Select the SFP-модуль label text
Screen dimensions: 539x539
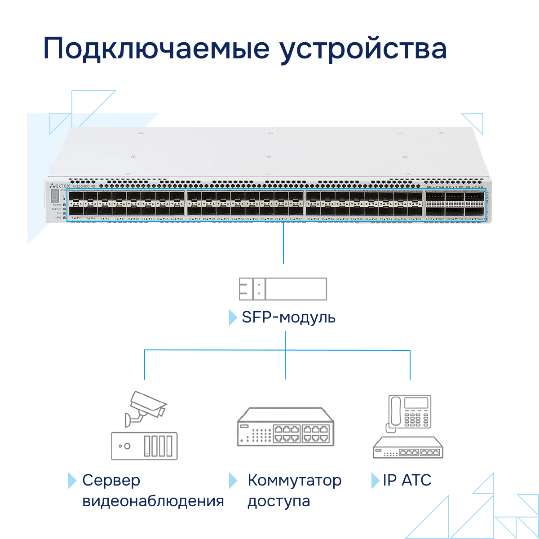pos(288,317)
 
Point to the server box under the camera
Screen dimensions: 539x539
pos(144,446)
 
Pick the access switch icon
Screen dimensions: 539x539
pos(286,427)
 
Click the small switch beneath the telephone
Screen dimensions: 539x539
pos(408,448)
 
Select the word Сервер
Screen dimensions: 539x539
pos(111,480)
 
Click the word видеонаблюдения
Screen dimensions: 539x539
pos(153,501)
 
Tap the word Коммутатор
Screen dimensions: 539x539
pos(294,480)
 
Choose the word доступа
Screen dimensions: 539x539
pos(278,501)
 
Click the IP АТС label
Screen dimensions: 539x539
pos(407,480)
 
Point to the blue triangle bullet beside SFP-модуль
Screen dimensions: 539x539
pos(233,317)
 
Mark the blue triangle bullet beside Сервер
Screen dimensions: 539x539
pos(72,481)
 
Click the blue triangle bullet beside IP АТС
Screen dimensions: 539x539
pos(375,481)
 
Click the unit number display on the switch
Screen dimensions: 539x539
pos(55,196)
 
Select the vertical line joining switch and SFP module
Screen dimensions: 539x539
pos(283,243)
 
